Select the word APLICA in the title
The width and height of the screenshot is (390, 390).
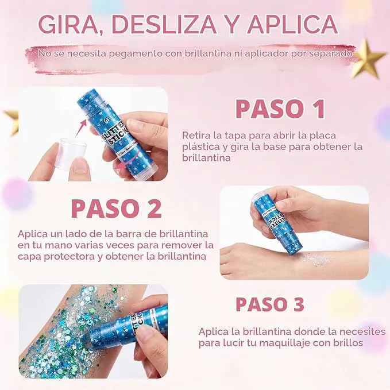click(292, 24)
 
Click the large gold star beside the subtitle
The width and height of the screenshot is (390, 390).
click(369, 59)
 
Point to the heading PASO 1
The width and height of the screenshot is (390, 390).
click(280, 109)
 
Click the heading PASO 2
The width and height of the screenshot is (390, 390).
click(116, 208)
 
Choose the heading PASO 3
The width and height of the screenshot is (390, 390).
click(270, 304)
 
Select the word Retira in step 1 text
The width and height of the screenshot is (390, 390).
click(196, 136)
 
